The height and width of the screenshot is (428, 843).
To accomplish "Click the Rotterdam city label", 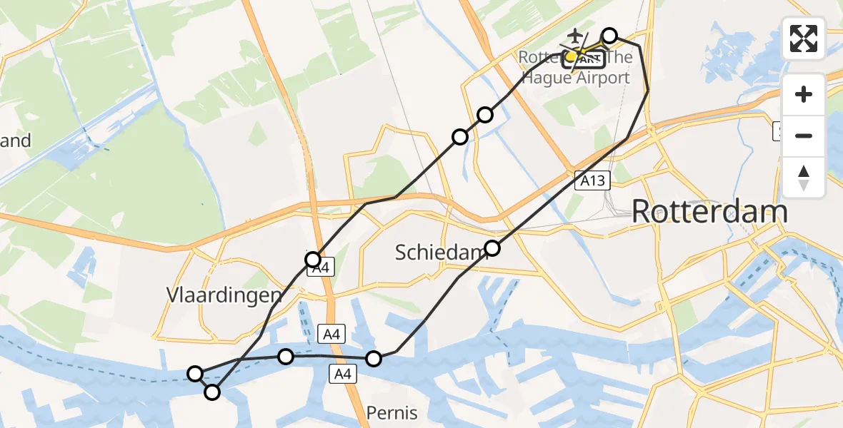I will point(709,212).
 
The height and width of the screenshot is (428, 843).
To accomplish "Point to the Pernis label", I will point(391,412).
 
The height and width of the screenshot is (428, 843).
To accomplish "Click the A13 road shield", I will point(592,181).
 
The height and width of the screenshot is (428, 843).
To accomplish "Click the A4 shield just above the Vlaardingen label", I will point(321,269).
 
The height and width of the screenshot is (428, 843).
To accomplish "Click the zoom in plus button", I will point(804,95).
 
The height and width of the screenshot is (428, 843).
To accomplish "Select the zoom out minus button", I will point(804,136).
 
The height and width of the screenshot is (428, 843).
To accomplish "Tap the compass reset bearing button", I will point(804,177).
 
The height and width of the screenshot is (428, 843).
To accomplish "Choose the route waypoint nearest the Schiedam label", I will point(492,248).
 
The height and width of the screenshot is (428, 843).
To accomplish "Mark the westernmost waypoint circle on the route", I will point(195,373).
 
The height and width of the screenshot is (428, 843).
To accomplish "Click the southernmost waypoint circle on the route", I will point(212,392).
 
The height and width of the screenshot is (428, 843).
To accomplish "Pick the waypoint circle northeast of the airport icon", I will point(609,36).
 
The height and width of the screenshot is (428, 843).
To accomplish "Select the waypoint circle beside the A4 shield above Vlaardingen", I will point(312,259).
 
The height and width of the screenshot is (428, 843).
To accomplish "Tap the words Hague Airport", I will point(576,78).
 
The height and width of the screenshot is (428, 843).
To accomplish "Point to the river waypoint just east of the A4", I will point(373,358).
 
